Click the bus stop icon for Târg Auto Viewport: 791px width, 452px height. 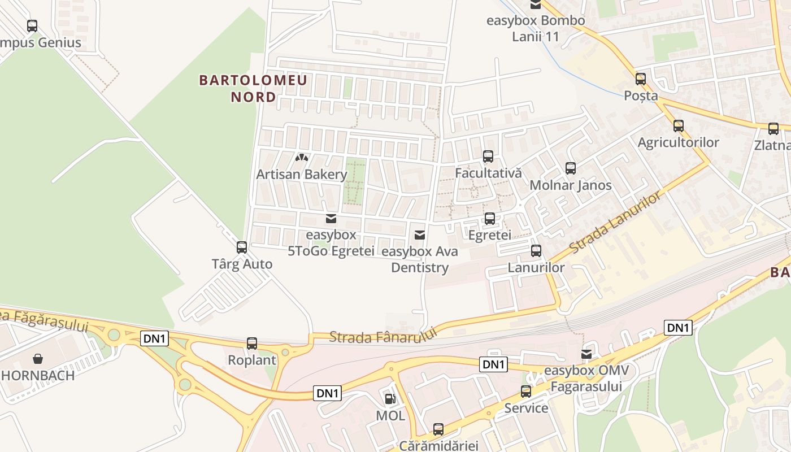coord(242,247)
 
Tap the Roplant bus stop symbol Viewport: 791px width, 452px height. coord(252,343)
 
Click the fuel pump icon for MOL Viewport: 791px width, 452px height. coord(390,399)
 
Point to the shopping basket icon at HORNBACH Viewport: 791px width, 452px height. coord(38,359)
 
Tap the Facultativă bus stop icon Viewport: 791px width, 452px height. coord(488,157)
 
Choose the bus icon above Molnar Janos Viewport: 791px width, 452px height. coord(571,168)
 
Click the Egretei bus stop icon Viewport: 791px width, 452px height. coord(490,219)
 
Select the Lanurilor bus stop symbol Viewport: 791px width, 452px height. coord(536,251)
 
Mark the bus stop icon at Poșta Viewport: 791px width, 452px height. coord(641,79)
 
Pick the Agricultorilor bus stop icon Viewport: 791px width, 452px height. coord(679,126)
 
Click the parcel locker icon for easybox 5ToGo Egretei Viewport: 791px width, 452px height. coord(331,219)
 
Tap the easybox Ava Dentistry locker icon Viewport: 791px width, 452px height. coord(420,235)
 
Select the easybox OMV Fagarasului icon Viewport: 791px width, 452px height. coord(587,354)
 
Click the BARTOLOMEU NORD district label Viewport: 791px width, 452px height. coord(254,88)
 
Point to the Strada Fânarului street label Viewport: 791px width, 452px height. coord(384,337)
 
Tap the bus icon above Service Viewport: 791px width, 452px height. coord(526,392)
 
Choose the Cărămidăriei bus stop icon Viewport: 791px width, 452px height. coord(438,429)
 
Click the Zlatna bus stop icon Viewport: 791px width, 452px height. coord(773,129)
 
